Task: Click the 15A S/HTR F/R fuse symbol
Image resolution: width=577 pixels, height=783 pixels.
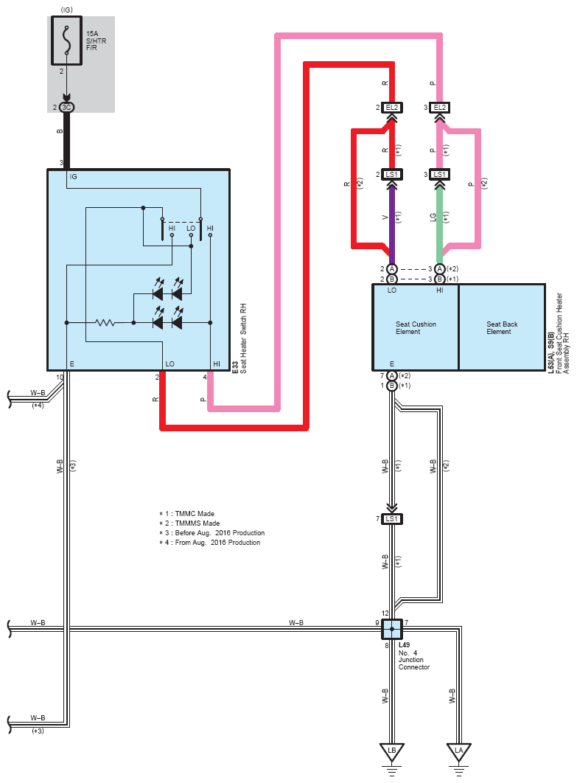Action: click(x=66, y=41)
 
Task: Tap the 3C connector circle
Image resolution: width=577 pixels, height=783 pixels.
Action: click(x=66, y=108)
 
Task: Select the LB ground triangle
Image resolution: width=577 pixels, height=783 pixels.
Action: click(x=392, y=752)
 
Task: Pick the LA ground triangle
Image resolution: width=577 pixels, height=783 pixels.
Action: click(x=458, y=752)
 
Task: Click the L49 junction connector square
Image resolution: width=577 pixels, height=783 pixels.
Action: click(x=392, y=629)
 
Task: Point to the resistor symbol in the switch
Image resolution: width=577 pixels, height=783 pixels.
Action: click(x=105, y=323)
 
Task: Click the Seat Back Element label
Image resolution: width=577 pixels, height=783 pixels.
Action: click(x=502, y=327)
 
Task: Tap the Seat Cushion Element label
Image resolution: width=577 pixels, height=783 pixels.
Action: click(x=416, y=327)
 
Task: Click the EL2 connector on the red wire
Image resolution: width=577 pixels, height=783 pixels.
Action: click(x=392, y=108)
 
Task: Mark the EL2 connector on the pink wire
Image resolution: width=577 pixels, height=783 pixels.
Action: click(x=440, y=108)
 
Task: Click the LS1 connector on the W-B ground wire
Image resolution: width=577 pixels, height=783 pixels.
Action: click(x=392, y=519)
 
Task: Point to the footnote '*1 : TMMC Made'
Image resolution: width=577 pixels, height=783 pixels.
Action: click(x=186, y=513)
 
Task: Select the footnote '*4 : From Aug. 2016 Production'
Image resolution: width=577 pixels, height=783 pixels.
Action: click(x=209, y=543)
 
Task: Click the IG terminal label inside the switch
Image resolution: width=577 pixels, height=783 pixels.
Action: click(x=74, y=177)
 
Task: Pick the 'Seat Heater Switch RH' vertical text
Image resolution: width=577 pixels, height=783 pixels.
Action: click(x=244, y=338)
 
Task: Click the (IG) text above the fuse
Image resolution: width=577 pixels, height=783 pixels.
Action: click(x=66, y=10)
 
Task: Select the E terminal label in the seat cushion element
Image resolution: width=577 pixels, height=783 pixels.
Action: click(x=392, y=364)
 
